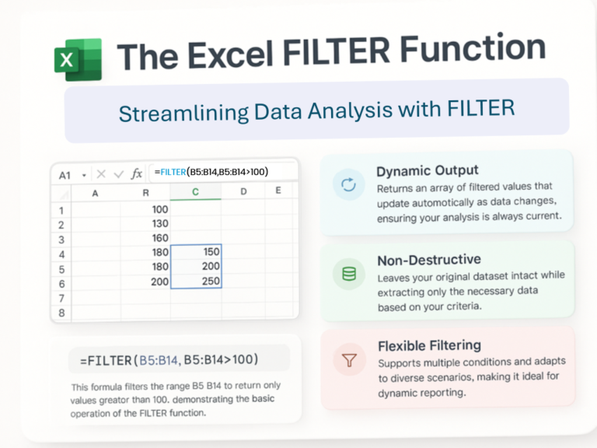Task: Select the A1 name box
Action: click(x=65, y=176)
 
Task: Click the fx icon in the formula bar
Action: click(x=137, y=174)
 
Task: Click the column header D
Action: click(x=243, y=191)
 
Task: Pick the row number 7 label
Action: click(x=61, y=298)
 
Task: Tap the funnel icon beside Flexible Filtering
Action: click(x=349, y=360)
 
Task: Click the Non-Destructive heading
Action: click(x=428, y=260)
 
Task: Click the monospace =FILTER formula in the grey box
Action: click(x=169, y=360)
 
